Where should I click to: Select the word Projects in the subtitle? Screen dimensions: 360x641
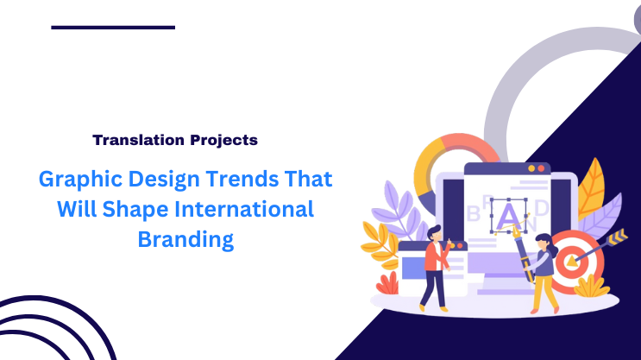point(223,139)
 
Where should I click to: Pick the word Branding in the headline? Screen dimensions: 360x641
point(185,239)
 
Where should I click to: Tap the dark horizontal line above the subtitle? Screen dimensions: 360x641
point(113,28)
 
